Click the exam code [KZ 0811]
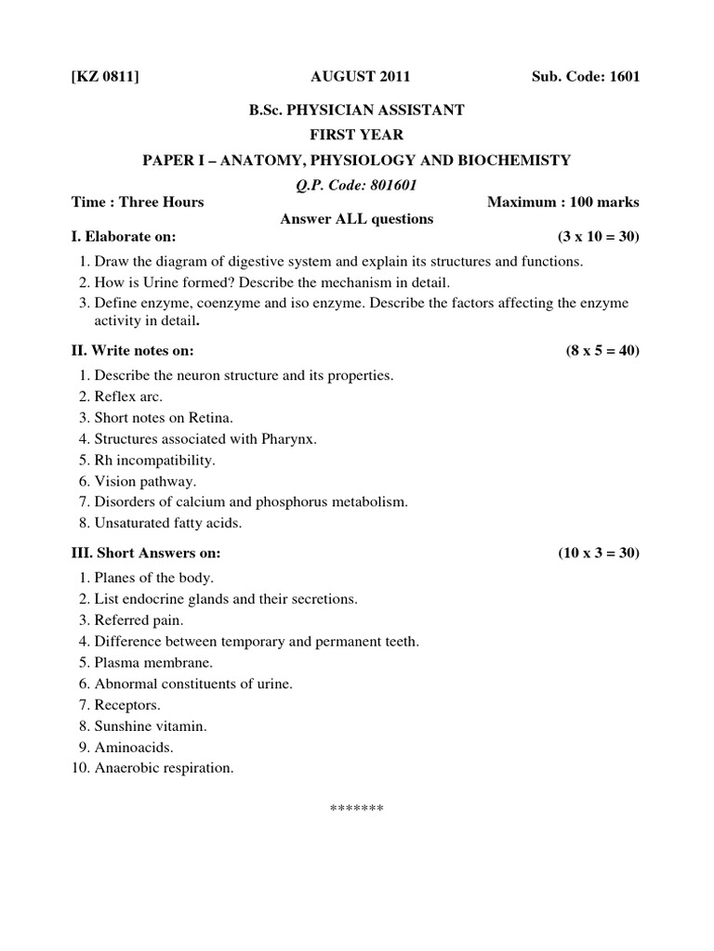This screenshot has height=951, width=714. (x=105, y=76)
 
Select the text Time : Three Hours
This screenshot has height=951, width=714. (x=138, y=202)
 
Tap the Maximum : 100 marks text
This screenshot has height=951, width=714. (x=563, y=202)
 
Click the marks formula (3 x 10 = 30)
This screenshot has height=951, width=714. (x=599, y=237)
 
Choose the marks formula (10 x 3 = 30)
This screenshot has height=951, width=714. (x=599, y=553)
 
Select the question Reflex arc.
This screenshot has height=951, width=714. (x=128, y=397)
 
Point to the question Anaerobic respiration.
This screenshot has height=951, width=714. (x=164, y=768)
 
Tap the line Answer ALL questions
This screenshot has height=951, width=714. (x=357, y=219)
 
